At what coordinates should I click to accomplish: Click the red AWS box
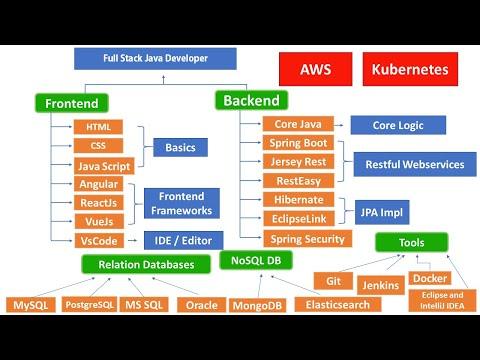pyautogui.click(x=315, y=69)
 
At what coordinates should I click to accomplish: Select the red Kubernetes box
pyautogui.click(x=410, y=69)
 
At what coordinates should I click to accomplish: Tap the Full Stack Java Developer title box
pyautogui.click(x=155, y=59)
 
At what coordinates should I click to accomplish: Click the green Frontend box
pyautogui.click(x=72, y=103)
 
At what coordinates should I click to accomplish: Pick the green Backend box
pyautogui.click(x=251, y=100)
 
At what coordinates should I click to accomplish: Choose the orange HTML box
pyautogui.click(x=98, y=127)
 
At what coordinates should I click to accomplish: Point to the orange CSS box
pyautogui.click(x=98, y=146)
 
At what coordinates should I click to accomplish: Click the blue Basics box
pyautogui.click(x=180, y=147)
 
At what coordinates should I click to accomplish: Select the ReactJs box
pyautogui.click(x=99, y=203)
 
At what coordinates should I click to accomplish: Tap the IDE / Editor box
pyautogui.click(x=183, y=240)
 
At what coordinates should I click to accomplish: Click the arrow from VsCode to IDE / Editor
pyautogui.click(x=133, y=240)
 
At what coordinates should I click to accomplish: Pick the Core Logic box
pyautogui.click(x=398, y=125)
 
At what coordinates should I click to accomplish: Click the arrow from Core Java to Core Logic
pyautogui.click(x=338, y=125)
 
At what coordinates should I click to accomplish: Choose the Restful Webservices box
pyautogui.click(x=415, y=164)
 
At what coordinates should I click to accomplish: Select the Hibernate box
pyautogui.click(x=299, y=200)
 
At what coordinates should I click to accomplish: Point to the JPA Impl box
pyautogui.click(x=382, y=212)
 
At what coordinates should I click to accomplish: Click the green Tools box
pyautogui.click(x=412, y=242)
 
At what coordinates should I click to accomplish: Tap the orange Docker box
pyautogui.click(x=430, y=278)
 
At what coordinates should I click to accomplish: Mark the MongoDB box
pyautogui.click(x=257, y=305)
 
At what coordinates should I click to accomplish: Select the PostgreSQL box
pyautogui.click(x=89, y=304)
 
